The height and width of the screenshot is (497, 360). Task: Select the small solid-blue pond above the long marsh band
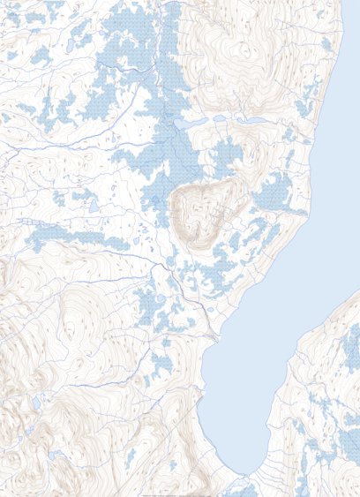click(x=92, y=207)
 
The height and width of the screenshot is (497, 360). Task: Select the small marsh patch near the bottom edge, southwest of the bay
click(x=130, y=458)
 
